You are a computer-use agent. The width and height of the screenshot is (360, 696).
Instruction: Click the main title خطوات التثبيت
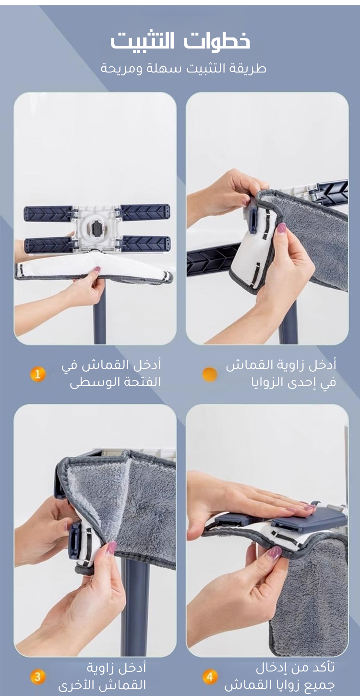click(x=180, y=41)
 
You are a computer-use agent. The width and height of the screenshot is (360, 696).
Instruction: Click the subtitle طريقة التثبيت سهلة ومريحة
click(x=183, y=68)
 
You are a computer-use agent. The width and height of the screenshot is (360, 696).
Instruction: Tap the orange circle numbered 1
click(x=38, y=374)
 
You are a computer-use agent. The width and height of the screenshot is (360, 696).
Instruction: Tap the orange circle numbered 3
click(x=38, y=677)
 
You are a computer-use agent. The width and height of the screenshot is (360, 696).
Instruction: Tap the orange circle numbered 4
click(x=210, y=677)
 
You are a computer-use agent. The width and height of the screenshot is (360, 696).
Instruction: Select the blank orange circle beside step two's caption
click(x=210, y=374)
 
